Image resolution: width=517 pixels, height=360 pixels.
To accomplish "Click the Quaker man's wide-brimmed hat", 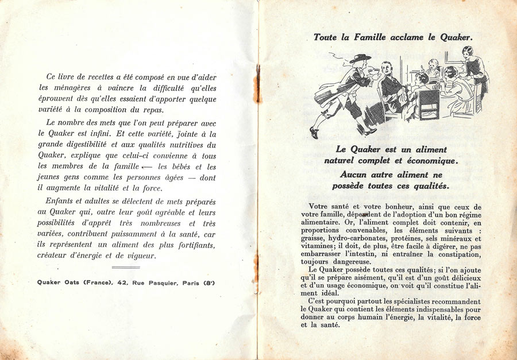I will pyautogui.click(x=360, y=58).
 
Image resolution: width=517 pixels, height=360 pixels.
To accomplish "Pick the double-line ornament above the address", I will pyautogui.click(x=125, y=267).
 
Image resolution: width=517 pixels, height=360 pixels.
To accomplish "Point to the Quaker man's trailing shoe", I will pyautogui.click(x=314, y=133).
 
